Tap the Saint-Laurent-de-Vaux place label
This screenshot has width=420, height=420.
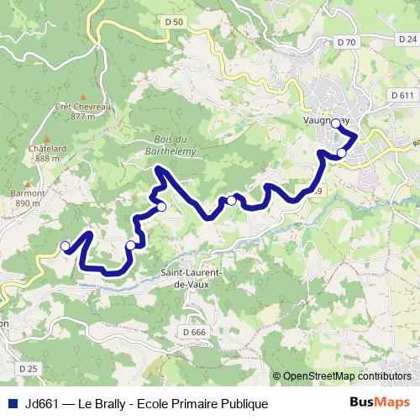click(190, 280)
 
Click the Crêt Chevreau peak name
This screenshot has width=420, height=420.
click(81, 107)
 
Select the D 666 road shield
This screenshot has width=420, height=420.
click(193, 333)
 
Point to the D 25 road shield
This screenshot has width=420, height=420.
click(29, 368)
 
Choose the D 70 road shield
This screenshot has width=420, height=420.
click(345, 41)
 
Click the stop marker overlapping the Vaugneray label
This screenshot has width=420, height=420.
click(335, 123)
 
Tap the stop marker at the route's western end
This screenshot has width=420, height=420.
click(65, 245)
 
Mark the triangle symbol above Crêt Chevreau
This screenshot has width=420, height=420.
click(81, 96)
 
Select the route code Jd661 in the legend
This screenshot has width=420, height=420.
click(41, 403)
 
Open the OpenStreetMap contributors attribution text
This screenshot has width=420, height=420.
click(346, 376)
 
